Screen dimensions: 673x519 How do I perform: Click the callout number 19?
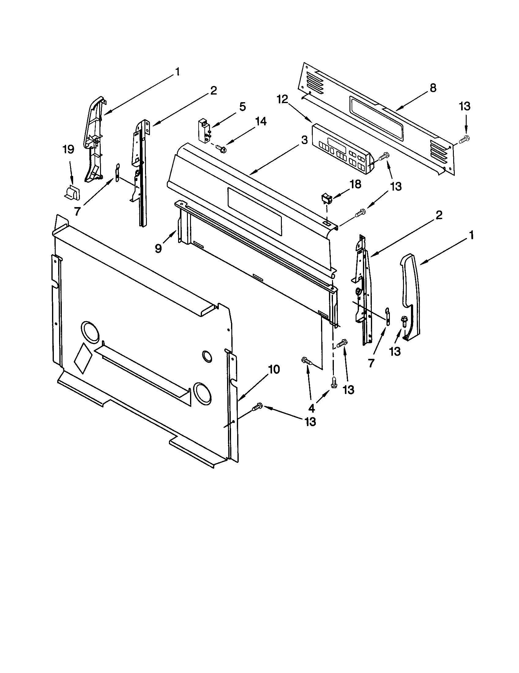69,150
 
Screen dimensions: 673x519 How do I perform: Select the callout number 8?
433,88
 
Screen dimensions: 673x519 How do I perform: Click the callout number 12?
282,99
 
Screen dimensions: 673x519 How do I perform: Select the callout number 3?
304,140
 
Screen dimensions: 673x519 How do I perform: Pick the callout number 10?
274,369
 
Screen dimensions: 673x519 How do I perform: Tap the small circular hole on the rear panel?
207,356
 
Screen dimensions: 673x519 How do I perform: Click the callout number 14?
260,121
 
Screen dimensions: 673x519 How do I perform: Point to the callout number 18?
355,184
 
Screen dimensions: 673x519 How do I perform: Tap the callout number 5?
243,107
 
